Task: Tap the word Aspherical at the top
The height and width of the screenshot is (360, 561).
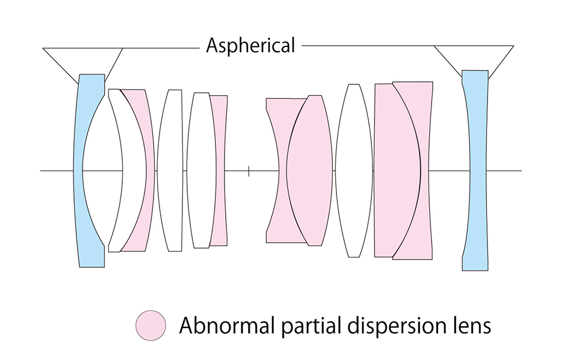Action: (x=250, y=46)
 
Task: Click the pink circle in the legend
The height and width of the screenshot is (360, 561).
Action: (x=150, y=326)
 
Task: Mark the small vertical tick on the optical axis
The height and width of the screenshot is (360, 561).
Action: (x=249, y=171)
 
